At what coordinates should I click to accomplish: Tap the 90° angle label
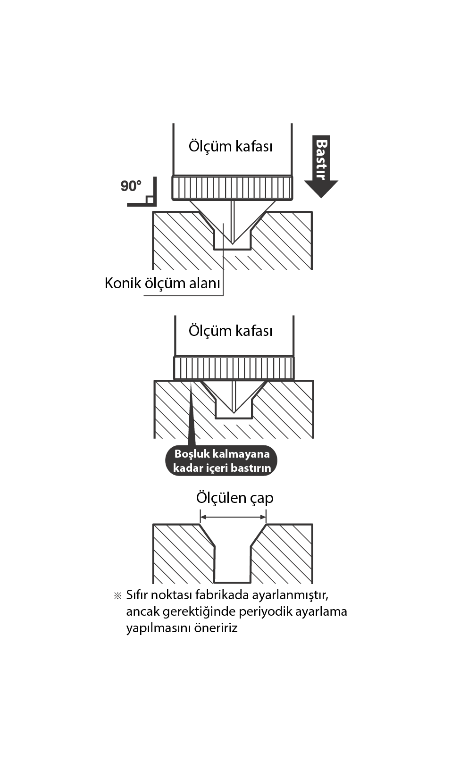pyautogui.click(x=131, y=186)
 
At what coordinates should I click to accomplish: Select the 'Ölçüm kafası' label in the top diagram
pyautogui.click(x=230, y=146)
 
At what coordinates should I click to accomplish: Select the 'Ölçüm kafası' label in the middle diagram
pyautogui.click(x=230, y=331)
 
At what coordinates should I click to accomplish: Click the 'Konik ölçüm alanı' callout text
pyautogui.click(x=162, y=283)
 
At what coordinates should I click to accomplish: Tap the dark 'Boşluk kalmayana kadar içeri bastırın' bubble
pyautogui.click(x=221, y=460)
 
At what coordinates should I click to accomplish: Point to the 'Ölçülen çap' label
pyautogui.click(x=234, y=498)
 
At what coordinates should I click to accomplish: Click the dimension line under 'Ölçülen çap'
pyautogui.click(x=233, y=518)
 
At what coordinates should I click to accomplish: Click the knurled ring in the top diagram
pyautogui.click(x=232, y=188)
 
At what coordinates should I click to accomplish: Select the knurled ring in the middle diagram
pyautogui.click(x=234, y=368)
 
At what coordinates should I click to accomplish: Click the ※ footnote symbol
pyautogui.click(x=117, y=595)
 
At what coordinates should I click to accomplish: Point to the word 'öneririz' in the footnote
pyautogui.click(x=216, y=628)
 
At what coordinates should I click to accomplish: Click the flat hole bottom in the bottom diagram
pyautogui.click(x=232, y=581)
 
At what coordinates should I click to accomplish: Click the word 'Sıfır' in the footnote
pyautogui.click(x=137, y=594)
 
